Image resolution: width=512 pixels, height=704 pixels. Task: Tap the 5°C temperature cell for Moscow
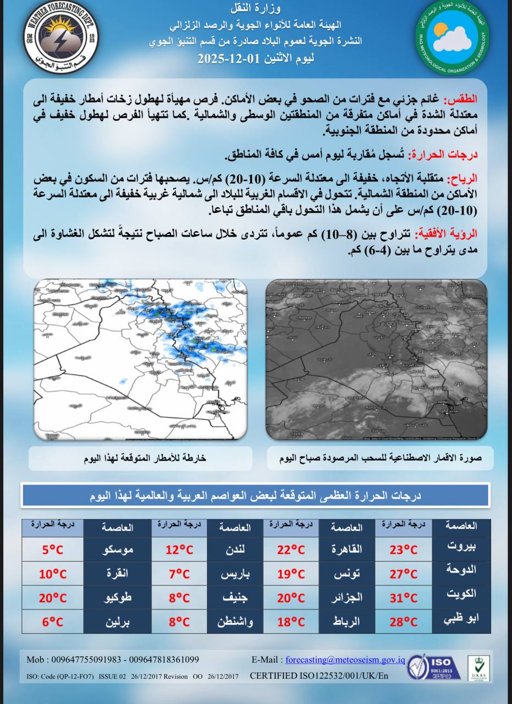point(52,549)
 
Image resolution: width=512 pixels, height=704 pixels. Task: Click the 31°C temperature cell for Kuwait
point(404,598)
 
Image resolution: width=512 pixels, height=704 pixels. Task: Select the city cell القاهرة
point(347,549)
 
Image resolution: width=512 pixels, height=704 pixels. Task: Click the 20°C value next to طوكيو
point(52,598)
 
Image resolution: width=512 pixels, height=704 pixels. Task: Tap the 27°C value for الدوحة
point(404,574)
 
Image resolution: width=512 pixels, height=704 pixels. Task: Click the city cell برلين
point(118,622)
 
